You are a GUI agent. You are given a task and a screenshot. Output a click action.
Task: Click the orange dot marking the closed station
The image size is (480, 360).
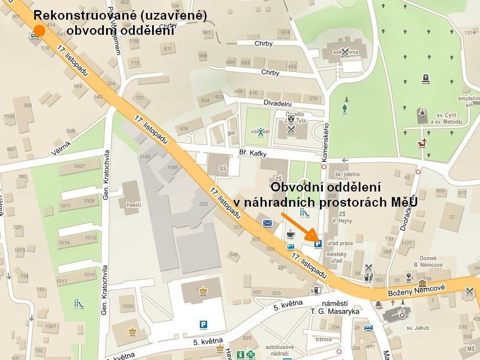39,30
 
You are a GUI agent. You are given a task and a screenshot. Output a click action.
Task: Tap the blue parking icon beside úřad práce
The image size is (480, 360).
317,244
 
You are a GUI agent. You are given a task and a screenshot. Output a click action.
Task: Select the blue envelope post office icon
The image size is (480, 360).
268,223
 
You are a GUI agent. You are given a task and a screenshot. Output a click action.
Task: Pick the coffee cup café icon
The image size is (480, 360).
291,233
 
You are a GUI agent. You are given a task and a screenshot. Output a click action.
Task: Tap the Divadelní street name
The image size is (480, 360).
278,103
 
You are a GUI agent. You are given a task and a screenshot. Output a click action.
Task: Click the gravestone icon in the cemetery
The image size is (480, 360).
426,78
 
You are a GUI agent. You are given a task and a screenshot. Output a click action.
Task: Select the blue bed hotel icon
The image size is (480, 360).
368,327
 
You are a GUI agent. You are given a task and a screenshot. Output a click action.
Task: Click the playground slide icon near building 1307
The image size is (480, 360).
78,304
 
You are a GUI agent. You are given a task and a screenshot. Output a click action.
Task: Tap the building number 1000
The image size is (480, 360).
128,307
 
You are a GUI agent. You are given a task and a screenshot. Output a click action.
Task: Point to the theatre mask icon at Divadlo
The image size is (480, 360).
291,119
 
